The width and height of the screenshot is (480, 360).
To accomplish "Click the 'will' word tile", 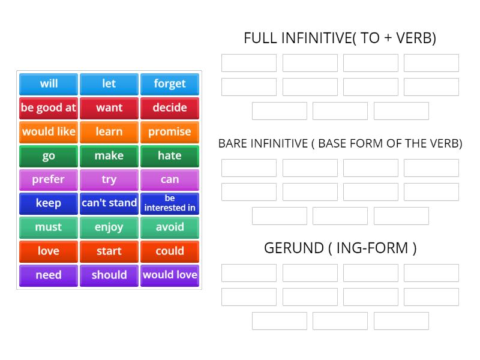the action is tap(49, 84).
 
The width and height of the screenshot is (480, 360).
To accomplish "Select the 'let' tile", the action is tap(109, 84).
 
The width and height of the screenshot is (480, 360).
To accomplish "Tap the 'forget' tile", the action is tap(170, 84).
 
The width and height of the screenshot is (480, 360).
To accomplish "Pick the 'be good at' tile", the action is tap(49, 108).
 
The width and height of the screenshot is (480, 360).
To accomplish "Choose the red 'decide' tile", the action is tap(170, 108).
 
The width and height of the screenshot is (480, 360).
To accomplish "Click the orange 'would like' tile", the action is tap(49, 132).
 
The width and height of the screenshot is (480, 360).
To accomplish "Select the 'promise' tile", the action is tap(170, 132).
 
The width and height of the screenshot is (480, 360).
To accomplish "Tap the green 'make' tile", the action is tap(109, 156).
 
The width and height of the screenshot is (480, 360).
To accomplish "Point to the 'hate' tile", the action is tap(170, 156).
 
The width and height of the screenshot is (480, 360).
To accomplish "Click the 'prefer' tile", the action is tap(49, 179).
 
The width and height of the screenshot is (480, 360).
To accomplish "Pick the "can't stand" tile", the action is tap(109, 203).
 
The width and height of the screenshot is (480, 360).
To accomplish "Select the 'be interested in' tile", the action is tap(170, 203).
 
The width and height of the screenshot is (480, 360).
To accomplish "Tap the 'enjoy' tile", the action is tap(109, 227).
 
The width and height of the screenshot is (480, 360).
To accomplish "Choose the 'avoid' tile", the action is tap(170, 227).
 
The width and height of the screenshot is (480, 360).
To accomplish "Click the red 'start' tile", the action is tap(109, 251).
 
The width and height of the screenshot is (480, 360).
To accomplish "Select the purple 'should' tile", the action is tap(109, 275).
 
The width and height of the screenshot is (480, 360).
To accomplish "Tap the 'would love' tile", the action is tap(170, 275).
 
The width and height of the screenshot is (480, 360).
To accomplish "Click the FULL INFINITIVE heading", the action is tap(340, 38).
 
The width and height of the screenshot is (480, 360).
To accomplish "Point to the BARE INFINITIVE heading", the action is tap(340, 144).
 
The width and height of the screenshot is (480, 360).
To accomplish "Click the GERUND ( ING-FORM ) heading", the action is tap(340, 248).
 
